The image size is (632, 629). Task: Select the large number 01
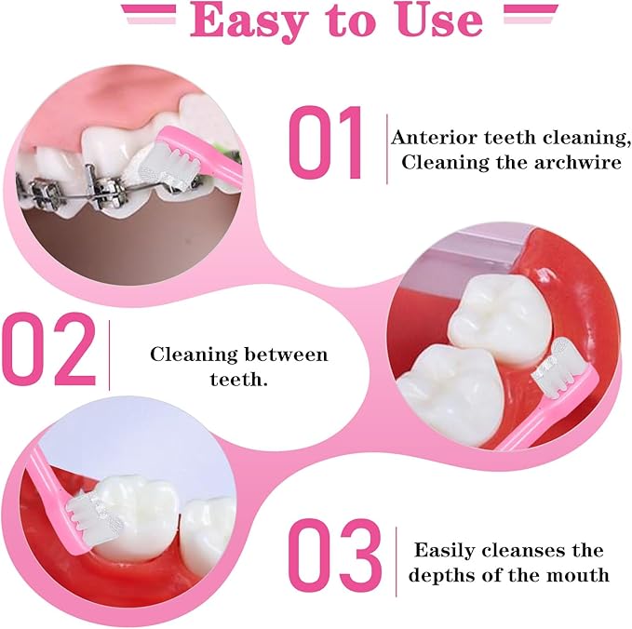coord(326,142)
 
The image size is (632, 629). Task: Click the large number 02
coord(49,349)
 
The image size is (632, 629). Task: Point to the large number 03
coord(334,555)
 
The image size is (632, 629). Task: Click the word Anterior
coord(435,138)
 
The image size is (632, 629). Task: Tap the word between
coord(286,355)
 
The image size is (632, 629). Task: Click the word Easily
coord(444,551)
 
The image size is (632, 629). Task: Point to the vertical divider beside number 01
coord(387,149)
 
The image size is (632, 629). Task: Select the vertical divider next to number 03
coord(397,561)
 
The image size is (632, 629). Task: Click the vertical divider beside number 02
coord(109,355)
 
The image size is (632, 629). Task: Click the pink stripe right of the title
coord(531,14)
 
